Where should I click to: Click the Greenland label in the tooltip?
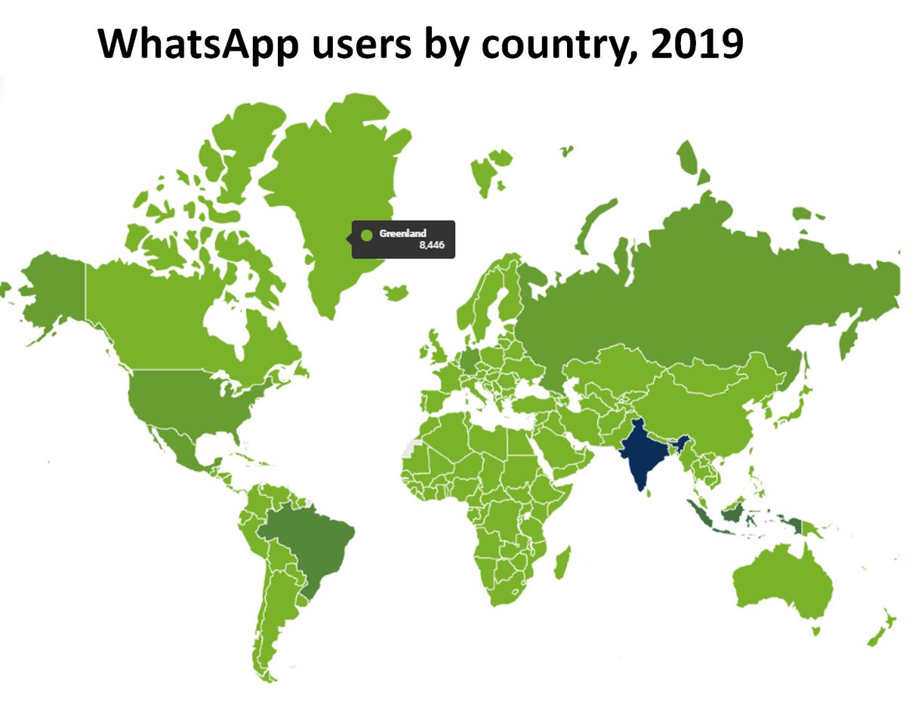tap(402, 234)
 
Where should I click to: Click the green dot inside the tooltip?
tap(367, 235)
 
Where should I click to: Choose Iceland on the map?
tap(395, 291)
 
